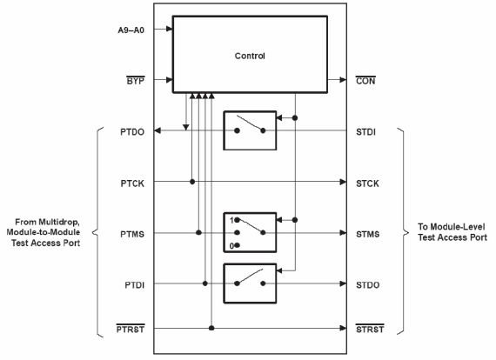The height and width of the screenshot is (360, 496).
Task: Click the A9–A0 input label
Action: (131, 30)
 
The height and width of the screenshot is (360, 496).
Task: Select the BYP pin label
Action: (136, 81)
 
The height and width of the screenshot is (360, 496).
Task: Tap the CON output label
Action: (365, 81)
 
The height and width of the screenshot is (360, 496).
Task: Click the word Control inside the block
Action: (250, 56)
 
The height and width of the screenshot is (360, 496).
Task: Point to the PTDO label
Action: (132, 132)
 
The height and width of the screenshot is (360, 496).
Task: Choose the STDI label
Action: (366, 132)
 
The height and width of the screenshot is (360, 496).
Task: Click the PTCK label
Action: (132, 183)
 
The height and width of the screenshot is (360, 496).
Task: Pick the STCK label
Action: (367, 183)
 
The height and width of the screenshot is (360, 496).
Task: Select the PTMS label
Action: (132, 234)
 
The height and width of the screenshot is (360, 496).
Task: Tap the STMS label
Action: (367, 234)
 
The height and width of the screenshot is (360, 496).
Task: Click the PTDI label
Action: (134, 285)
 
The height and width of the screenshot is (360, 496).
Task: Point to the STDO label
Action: (367, 285)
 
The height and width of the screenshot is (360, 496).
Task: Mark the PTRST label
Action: (131, 329)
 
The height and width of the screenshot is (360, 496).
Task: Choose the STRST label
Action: (370, 329)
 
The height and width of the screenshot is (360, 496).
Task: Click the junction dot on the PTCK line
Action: (192, 182)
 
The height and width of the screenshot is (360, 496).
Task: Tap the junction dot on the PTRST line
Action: (211, 328)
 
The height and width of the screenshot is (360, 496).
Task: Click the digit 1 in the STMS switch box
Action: (231, 220)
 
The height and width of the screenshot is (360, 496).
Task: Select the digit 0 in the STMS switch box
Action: (231, 246)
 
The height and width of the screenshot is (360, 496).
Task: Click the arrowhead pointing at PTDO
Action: (158, 130)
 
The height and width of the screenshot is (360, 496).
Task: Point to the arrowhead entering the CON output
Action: (343, 80)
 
